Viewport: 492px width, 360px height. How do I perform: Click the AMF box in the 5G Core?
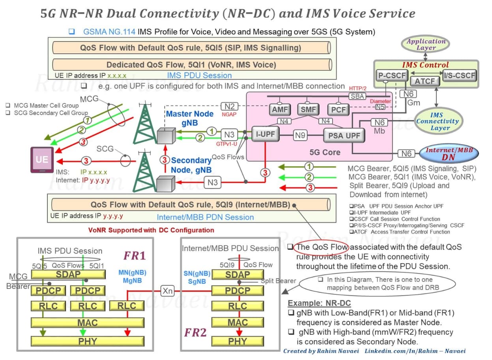[x=280, y=109]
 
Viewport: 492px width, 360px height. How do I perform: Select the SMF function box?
[x=308, y=109]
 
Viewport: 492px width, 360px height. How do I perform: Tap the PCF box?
[x=338, y=109]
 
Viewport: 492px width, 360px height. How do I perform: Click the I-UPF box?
[x=265, y=134]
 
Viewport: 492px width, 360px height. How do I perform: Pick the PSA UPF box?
[x=344, y=135]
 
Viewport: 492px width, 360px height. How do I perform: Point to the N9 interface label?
[x=300, y=135]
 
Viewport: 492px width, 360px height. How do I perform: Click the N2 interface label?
[x=229, y=107]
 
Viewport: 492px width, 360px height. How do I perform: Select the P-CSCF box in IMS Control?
[x=392, y=75]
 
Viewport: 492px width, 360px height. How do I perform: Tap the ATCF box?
[x=425, y=81]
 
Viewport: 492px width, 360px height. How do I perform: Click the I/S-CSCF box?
[x=460, y=76]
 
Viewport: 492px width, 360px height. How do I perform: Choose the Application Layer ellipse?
[x=425, y=44]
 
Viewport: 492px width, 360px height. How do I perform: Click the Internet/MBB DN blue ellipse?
[x=449, y=154]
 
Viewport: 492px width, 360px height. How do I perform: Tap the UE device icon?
[x=42, y=160]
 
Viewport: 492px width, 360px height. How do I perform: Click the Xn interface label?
[x=167, y=291]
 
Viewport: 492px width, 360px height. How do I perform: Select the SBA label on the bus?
[x=357, y=96]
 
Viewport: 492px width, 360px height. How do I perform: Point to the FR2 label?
[x=195, y=332]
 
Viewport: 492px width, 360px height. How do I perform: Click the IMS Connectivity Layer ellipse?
[x=438, y=121]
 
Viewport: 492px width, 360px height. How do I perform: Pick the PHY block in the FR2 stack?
[x=238, y=341]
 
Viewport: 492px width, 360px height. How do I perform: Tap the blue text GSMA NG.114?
[x=109, y=32]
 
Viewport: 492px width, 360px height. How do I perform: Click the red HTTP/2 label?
[x=357, y=88]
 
